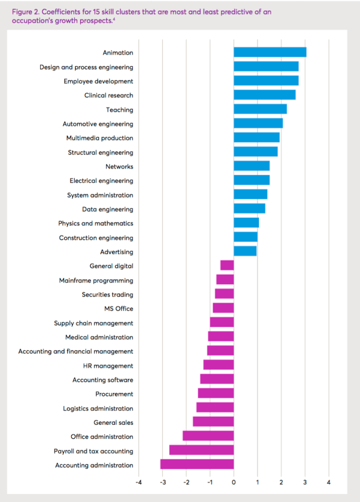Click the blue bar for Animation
tap(270, 53)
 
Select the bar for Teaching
tap(260, 109)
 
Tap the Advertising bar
tap(245, 252)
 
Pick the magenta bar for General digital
tap(227, 266)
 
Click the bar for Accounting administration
tap(197, 465)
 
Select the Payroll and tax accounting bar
tap(201, 450)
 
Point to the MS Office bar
tap(223, 309)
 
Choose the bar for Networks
tap(251, 166)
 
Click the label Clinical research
tap(109, 95)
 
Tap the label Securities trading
tap(107, 294)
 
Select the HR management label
tap(108, 366)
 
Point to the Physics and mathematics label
tap(95, 223)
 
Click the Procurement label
tap(114, 394)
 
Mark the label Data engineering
tap(107, 209)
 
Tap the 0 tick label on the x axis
tap(234, 483)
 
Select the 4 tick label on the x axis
tap(329, 483)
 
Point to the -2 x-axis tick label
tap(186, 483)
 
